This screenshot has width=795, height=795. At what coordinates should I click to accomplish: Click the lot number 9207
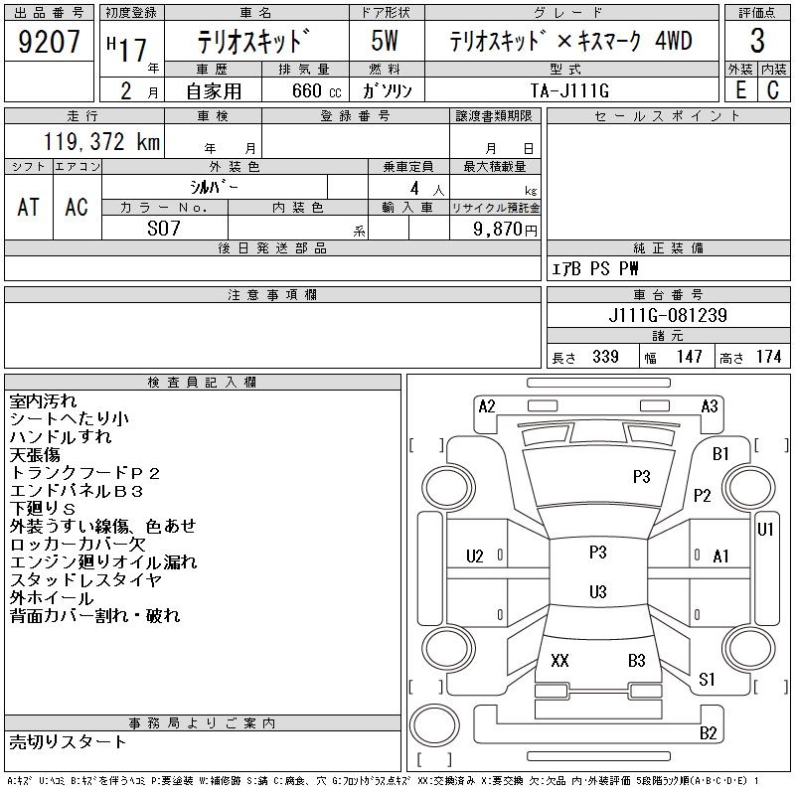coord(50,43)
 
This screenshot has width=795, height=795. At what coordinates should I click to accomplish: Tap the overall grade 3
coord(757,42)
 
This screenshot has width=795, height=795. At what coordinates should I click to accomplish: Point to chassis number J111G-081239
coord(669,316)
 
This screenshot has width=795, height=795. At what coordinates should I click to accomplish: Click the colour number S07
coord(165,228)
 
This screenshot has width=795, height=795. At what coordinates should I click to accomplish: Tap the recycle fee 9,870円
coord(508,229)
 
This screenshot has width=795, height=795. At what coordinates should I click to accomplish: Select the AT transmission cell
coord(29,207)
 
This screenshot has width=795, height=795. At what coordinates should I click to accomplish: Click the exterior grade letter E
coord(740,90)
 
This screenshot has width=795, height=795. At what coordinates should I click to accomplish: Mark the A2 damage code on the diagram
coord(487,405)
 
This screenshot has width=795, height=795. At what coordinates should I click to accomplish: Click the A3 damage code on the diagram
coord(710,405)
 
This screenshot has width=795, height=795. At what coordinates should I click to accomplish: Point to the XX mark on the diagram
coord(559,660)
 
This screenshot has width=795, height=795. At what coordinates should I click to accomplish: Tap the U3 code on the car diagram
coord(597,592)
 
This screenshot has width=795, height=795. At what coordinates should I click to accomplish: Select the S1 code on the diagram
coord(708,680)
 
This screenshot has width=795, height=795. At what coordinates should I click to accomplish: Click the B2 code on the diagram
coord(708,733)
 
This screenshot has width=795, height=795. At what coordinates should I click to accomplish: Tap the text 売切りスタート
coord(69,741)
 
